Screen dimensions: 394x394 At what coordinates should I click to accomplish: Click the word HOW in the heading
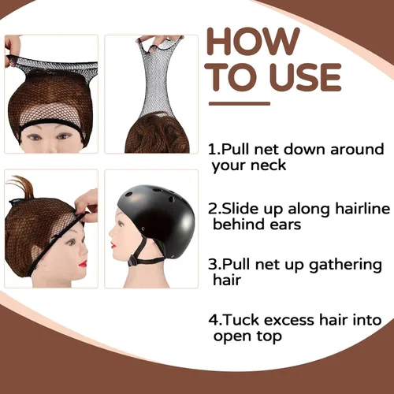[x=253, y=42]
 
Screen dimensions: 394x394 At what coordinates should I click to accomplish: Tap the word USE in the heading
[x=306, y=77]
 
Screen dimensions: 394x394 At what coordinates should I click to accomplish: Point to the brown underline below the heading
[x=240, y=104]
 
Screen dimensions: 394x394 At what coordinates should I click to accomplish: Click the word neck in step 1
[x=268, y=165]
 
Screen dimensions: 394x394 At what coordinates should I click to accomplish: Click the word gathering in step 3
[x=345, y=266]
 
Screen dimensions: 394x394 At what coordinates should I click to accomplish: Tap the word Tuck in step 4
[x=242, y=320]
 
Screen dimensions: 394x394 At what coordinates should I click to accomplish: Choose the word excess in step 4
[x=289, y=321]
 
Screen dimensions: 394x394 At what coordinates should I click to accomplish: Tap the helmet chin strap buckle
[x=132, y=261]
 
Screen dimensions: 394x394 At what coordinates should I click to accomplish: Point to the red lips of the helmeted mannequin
[x=113, y=246]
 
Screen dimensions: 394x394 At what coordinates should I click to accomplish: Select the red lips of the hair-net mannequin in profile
[x=83, y=263]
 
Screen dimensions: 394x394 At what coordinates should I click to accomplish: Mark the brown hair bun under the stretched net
[x=157, y=133]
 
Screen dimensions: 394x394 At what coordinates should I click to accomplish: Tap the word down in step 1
[x=305, y=149]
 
